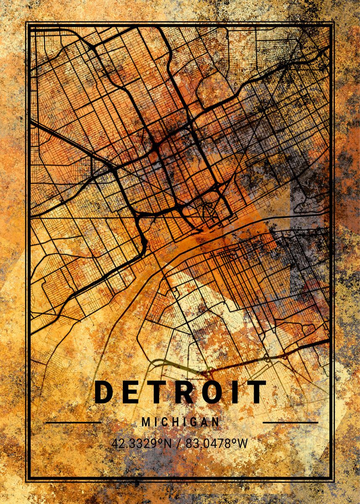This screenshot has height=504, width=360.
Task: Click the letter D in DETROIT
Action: [103, 392]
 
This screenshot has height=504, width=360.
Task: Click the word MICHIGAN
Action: [180, 422]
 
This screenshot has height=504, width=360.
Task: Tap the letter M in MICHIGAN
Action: [145, 422]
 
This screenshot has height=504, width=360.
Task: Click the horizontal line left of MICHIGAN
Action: [73, 422]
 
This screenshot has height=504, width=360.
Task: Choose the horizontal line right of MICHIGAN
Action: [290, 422]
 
